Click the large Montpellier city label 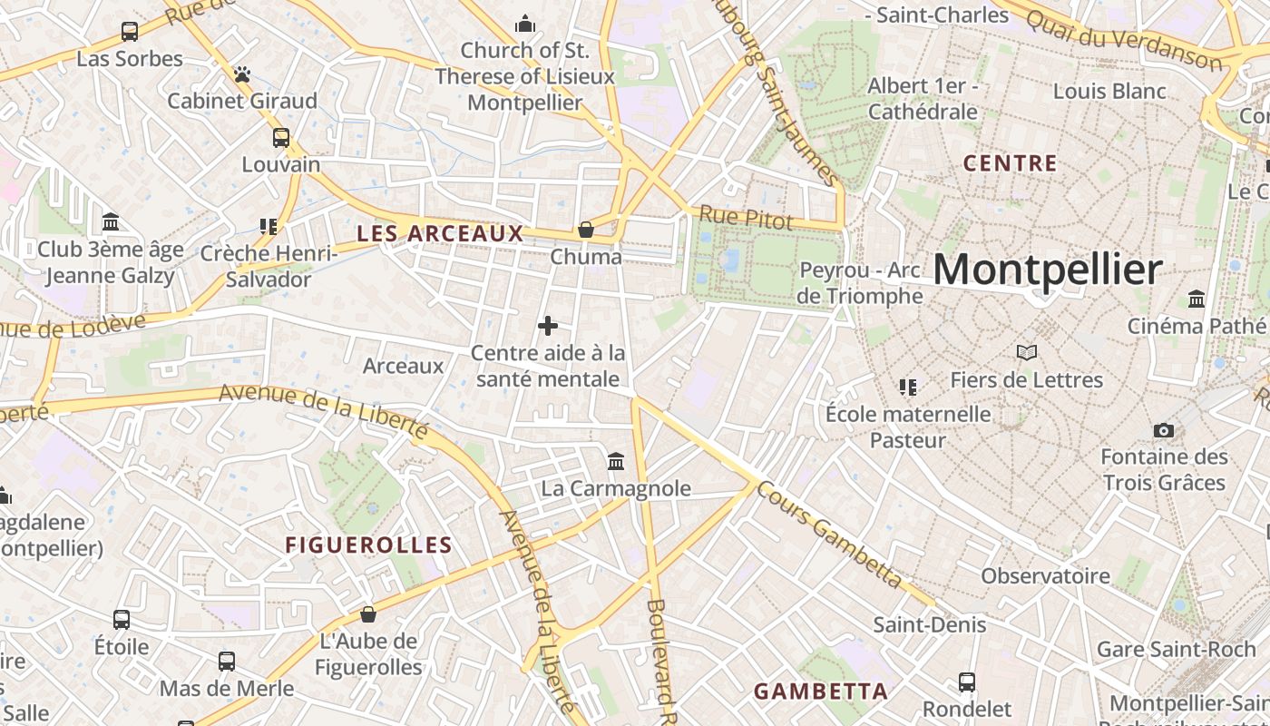click(x=1047, y=270)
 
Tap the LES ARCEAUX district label click(x=440, y=233)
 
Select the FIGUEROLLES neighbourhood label click(x=368, y=544)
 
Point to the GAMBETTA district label click(x=820, y=691)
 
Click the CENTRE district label click(x=1010, y=163)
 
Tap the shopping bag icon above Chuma click(x=586, y=230)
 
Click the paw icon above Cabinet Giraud click(x=241, y=74)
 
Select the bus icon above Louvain click(x=281, y=138)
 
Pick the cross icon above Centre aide click(x=548, y=325)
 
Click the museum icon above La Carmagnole click(x=616, y=461)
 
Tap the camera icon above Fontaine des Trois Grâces click(x=1163, y=430)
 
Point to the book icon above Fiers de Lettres click(x=1026, y=352)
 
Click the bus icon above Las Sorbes click(x=130, y=32)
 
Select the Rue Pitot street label click(x=746, y=218)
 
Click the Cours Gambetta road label click(x=829, y=535)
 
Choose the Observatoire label click(x=1045, y=575)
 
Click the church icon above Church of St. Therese click(x=524, y=24)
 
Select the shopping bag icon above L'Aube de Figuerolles click(x=368, y=614)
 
